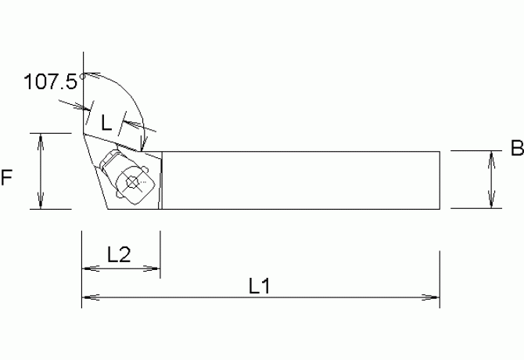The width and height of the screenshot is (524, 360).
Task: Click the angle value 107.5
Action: pos(52,81)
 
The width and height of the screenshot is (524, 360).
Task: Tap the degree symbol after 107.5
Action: pos(81,75)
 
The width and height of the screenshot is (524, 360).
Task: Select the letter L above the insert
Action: pos(107,122)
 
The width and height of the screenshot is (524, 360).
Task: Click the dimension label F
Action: pos(7,178)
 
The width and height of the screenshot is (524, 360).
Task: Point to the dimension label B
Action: pos(515,148)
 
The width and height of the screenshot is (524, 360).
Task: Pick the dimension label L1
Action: pos(260,286)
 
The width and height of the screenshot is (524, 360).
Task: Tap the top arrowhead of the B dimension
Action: pos(492,157)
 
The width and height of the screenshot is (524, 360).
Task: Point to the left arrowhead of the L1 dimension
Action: pos(88,297)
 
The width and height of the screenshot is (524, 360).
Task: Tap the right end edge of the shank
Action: pos(440,180)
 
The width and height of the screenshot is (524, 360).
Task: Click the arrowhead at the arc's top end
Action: pos(88,74)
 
